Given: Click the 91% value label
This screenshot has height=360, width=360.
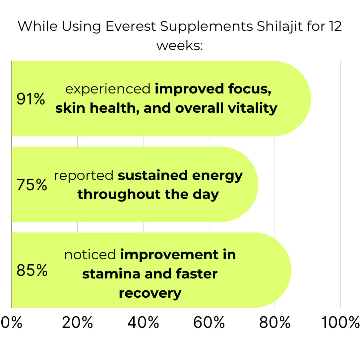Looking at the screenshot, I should [30, 99].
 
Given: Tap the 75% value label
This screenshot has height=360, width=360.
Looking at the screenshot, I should [31, 185].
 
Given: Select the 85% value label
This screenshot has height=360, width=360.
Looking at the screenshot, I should [32, 270].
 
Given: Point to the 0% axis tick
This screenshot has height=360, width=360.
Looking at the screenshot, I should [12, 323].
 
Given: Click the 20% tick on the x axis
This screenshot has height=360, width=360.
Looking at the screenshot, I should [77, 323].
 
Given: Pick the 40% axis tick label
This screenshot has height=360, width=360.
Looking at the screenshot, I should [143, 323].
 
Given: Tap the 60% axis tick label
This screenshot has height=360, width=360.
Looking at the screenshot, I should [209, 323].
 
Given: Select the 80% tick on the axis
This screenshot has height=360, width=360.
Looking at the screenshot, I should [275, 323].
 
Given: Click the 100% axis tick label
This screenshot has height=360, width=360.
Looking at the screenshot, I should [340, 323].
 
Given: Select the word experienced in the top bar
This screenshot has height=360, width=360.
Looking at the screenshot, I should [108, 90].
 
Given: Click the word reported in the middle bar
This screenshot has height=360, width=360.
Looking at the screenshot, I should [84, 176].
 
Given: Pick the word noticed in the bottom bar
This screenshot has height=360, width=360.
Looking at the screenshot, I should [90, 255].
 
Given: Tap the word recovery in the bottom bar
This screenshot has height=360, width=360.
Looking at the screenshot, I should [150, 293].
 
